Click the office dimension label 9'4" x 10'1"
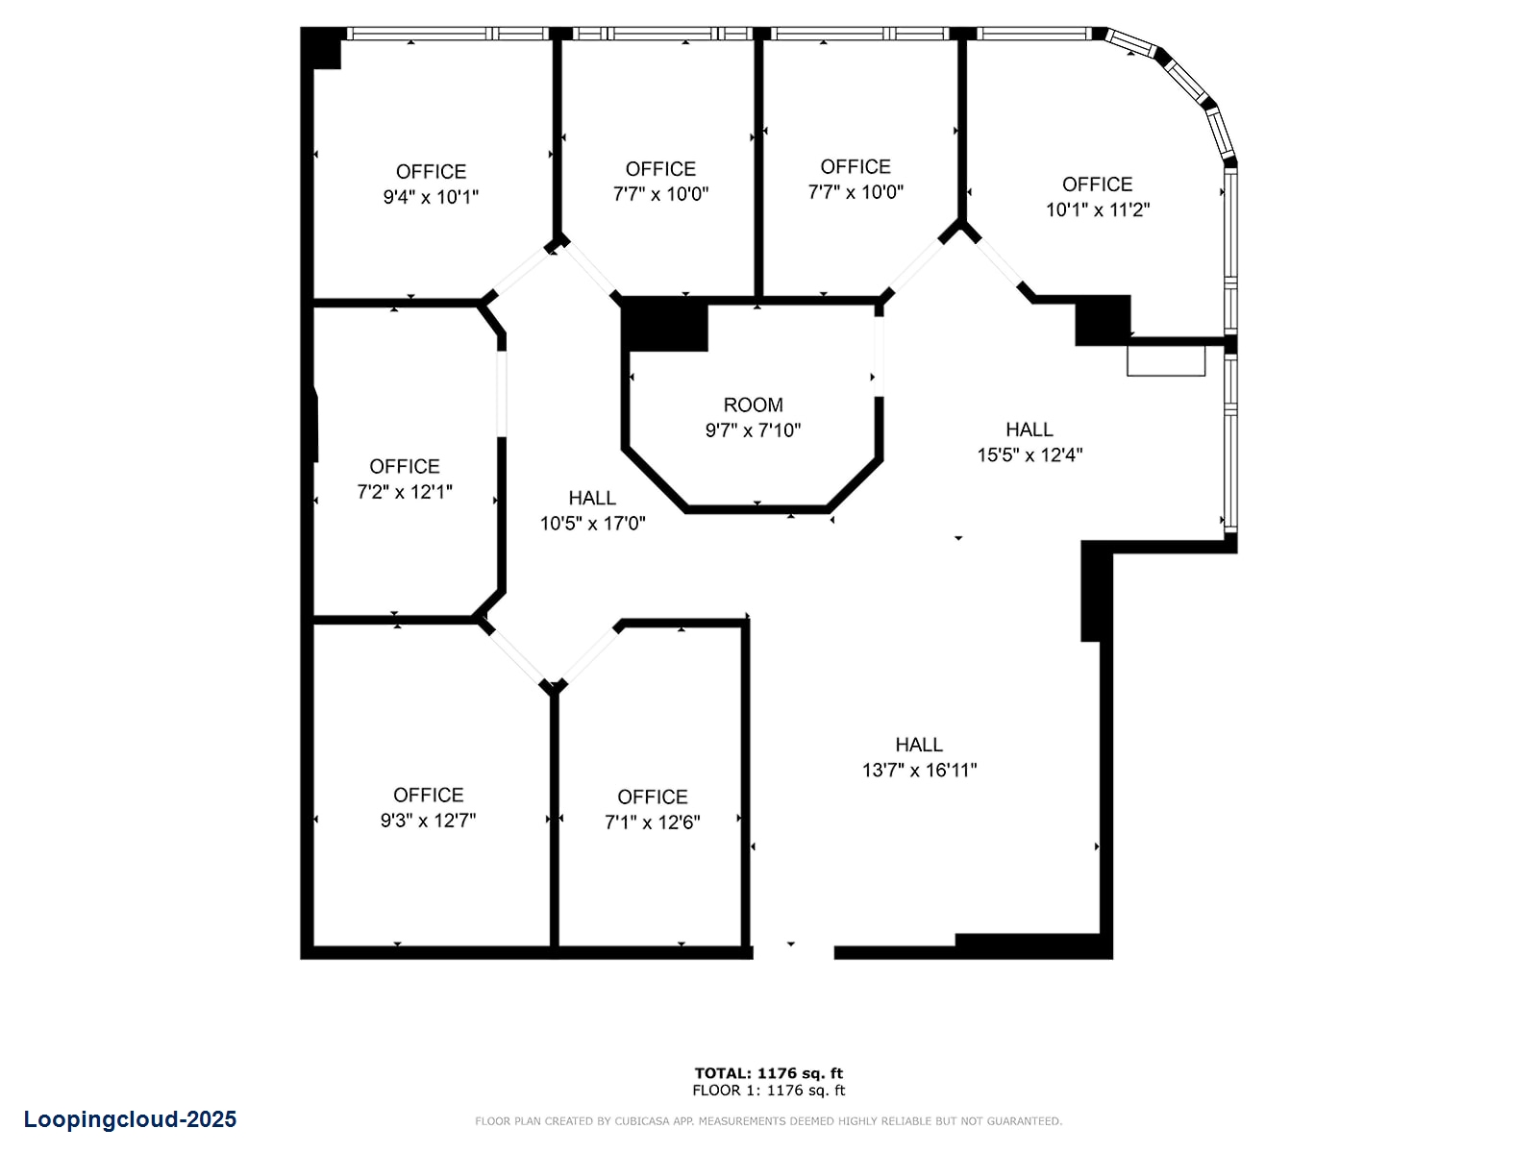pyautogui.click(x=431, y=197)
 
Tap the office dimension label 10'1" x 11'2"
pyautogui.click(x=1098, y=209)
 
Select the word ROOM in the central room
pyautogui.click(x=753, y=405)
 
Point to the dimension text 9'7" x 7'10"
pyautogui.click(x=753, y=429)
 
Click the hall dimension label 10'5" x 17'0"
pyautogui.click(x=592, y=523)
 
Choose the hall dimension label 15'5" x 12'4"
pyautogui.click(x=1029, y=455)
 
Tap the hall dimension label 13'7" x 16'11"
pyautogui.click(x=919, y=770)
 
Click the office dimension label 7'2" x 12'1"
pyautogui.click(x=405, y=492)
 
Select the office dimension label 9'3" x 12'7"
pyautogui.click(x=428, y=820)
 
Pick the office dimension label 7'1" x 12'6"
pyautogui.click(x=652, y=822)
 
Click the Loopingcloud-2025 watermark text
pyautogui.click(x=131, y=1119)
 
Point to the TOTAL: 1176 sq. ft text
pyautogui.click(x=769, y=1073)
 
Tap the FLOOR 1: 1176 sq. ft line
pyautogui.click(x=769, y=1091)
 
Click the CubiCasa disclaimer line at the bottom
pyautogui.click(x=769, y=1121)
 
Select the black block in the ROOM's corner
pyautogui.click(x=665, y=324)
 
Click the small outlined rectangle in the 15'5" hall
pyautogui.click(x=1165, y=360)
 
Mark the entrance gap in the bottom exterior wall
pyautogui.click(x=793, y=953)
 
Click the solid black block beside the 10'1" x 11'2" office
pyautogui.click(x=1103, y=320)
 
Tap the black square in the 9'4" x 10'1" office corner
pyautogui.click(x=322, y=49)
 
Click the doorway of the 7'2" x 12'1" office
pyautogui.click(x=502, y=394)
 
